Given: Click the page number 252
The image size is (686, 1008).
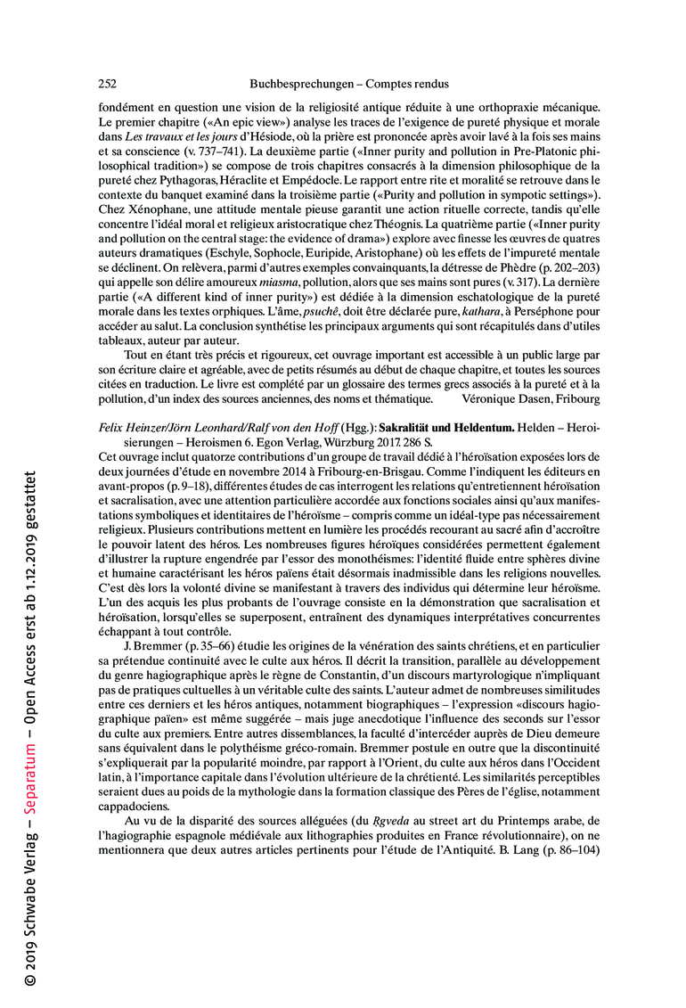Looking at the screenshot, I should tap(107, 85).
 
